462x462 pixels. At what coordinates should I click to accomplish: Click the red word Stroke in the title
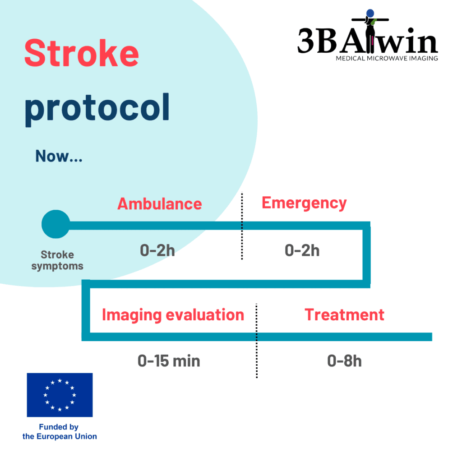(82, 53)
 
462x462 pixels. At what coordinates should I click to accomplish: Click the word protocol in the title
(97, 109)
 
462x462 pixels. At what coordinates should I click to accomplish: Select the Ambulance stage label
(160, 203)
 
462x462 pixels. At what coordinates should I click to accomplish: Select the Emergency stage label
(304, 203)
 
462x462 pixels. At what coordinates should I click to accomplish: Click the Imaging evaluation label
(173, 315)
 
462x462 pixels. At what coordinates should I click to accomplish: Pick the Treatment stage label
(344, 314)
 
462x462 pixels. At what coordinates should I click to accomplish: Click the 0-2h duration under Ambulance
(157, 250)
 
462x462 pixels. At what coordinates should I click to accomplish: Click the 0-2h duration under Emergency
(302, 250)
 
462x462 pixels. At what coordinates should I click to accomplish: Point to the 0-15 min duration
(169, 361)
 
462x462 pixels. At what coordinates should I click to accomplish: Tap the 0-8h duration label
(344, 361)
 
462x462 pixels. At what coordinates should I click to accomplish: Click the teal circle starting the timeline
(55, 224)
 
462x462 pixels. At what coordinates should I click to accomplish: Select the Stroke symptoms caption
(57, 260)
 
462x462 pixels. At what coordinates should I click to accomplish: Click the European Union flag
(60, 395)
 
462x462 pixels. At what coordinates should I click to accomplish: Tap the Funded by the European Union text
(60, 432)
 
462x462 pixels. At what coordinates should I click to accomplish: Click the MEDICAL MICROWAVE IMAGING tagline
(387, 58)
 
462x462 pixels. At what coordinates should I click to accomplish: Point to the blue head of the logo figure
(370, 13)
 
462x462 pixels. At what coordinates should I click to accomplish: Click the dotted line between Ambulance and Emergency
(242, 226)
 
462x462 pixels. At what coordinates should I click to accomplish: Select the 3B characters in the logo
(317, 41)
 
